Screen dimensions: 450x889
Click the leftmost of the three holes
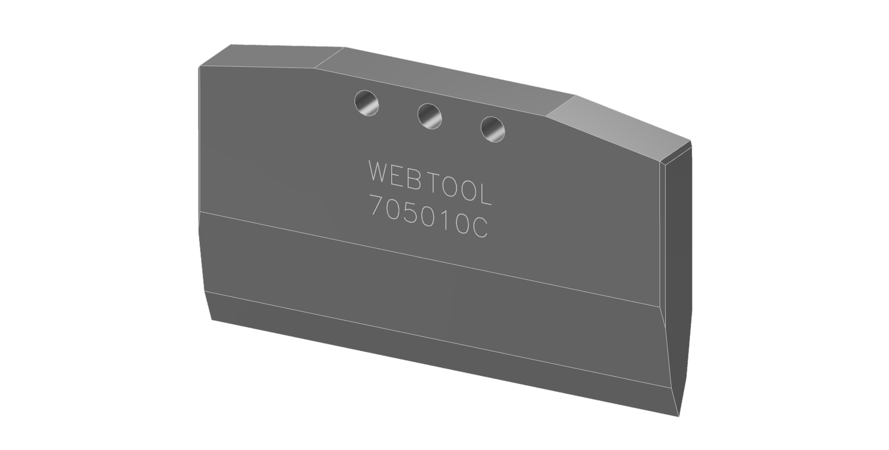pyautogui.click(x=367, y=102)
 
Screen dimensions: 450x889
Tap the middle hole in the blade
pyautogui.click(x=429, y=115)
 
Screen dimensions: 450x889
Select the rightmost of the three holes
pyautogui.click(x=492, y=129)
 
